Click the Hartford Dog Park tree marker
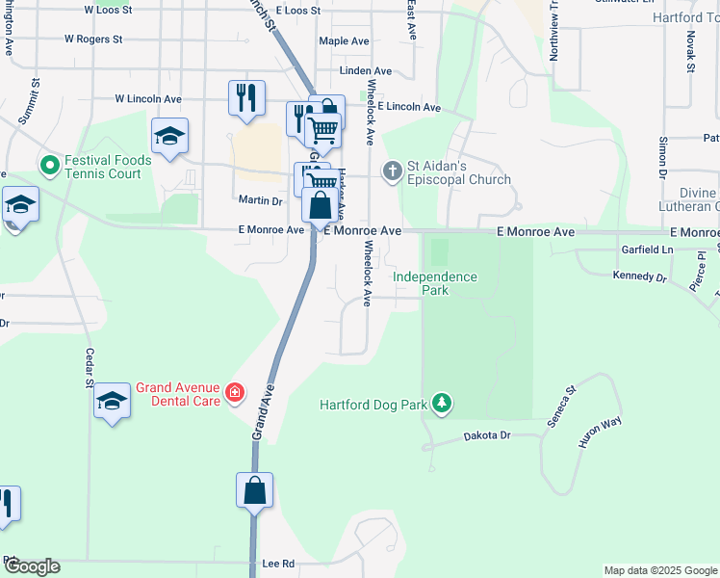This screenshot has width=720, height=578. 441,403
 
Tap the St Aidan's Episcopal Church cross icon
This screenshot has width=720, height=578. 392,171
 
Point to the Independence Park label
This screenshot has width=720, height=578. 435,283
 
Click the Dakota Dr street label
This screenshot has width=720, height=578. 486,435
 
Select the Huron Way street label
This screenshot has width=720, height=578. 599,433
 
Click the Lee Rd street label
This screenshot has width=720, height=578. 277,564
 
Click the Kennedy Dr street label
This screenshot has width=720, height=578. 640,276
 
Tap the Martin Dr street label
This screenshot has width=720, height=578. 260,200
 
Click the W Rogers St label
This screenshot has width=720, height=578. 93,39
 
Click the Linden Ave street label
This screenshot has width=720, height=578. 366,71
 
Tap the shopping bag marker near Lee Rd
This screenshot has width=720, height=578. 254,490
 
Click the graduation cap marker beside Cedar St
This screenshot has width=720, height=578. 112,401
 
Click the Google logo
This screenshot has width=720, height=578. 32,566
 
